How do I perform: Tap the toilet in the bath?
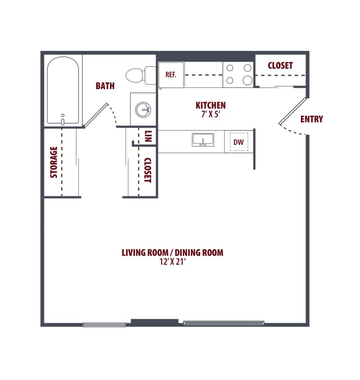coord(137,75)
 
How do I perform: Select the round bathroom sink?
coord(144,109)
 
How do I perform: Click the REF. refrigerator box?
coord(171,75)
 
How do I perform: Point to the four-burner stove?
coord(238,75)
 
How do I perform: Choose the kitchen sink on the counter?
coord(203,140)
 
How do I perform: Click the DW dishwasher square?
coord(238,142)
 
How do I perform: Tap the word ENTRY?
coord(311,119)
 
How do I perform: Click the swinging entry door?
coord(292,111)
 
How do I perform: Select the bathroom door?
coord(97,115)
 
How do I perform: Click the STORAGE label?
coord(54,162)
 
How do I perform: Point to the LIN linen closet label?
coord(148,136)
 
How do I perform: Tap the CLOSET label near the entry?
coord(280,65)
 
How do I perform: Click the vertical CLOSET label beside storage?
coord(147,170)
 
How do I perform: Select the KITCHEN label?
coord(210,105)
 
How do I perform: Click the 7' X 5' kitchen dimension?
coord(210,113)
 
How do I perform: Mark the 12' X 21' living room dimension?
coord(172,261)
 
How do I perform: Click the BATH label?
coord(105,86)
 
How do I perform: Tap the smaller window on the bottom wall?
coord(104,324)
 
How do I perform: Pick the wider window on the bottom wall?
coord(224,323)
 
